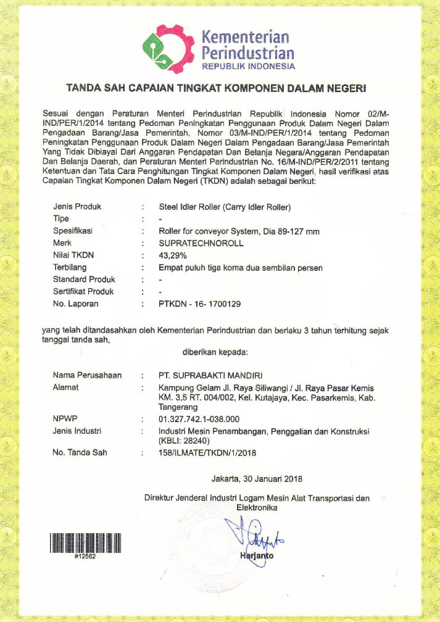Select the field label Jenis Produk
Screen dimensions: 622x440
pos(77,207)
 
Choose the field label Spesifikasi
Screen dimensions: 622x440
pos(74,231)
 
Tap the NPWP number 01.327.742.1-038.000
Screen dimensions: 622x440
pos(198,419)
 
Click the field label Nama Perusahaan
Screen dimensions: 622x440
pos(87,375)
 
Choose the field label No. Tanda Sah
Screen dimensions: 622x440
pos(80,453)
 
